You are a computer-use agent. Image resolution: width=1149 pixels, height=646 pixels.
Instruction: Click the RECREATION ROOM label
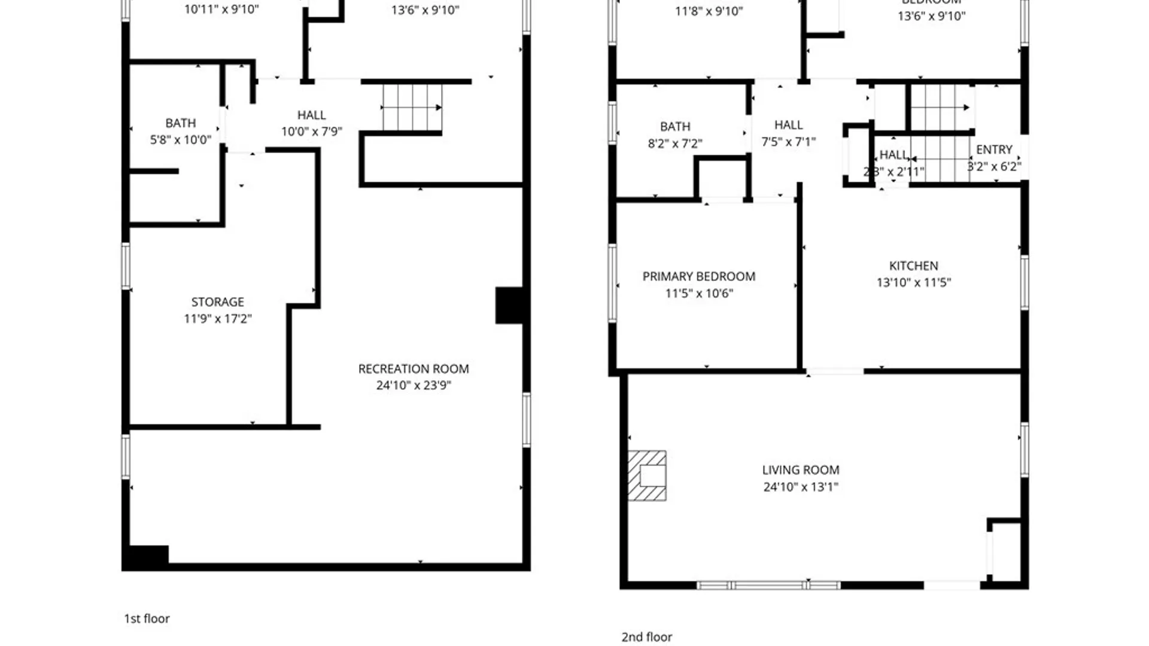[x=413, y=369]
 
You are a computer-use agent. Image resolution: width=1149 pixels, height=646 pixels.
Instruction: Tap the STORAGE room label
[x=217, y=302]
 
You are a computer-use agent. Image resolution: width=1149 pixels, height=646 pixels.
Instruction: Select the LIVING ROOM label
[x=801, y=470]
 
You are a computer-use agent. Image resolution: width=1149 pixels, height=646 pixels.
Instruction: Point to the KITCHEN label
[x=913, y=266]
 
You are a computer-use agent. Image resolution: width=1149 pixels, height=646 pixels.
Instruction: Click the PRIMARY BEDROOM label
[x=698, y=276]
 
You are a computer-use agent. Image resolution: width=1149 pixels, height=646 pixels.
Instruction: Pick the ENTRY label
[x=994, y=150]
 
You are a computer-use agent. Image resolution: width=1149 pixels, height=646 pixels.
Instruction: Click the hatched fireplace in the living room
[x=647, y=476]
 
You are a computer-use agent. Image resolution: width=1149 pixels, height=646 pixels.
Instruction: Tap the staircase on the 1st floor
[x=412, y=108]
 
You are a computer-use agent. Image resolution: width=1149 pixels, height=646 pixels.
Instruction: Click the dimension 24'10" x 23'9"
[x=413, y=386]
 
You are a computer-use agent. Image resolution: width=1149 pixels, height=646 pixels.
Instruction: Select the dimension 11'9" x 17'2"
[x=217, y=319]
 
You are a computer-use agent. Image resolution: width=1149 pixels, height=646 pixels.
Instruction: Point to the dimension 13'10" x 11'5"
[x=913, y=282]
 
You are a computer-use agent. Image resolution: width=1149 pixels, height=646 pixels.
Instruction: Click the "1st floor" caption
[x=147, y=618]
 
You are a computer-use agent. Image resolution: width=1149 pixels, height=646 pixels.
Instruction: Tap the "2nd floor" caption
[x=646, y=637]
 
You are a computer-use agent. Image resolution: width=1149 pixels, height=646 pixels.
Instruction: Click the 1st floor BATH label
[x=180, y=123]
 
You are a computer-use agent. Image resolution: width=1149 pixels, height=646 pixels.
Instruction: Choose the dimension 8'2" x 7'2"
[x=674, y=144]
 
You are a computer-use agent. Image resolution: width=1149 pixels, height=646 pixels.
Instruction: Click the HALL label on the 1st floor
[x=311, y=115]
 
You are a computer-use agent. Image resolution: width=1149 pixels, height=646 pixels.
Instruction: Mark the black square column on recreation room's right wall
[x=510, y=305]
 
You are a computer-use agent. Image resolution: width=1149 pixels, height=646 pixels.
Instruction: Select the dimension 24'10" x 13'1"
[x=801, y=487]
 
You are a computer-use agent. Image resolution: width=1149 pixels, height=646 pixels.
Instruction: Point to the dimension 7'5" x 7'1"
[x=788, y=142]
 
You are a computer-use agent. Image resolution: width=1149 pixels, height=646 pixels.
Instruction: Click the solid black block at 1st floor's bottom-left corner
[x=146, y=557]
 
